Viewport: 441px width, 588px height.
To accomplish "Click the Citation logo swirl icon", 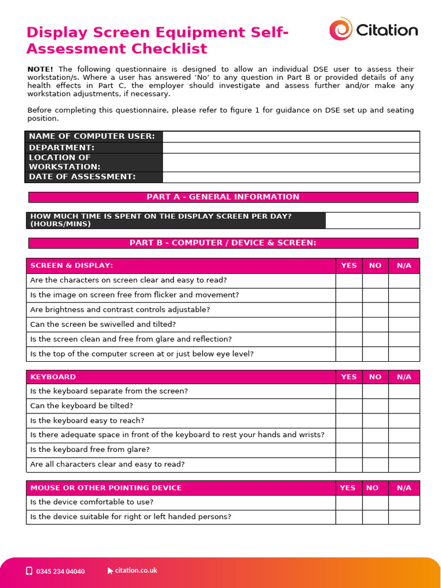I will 341,29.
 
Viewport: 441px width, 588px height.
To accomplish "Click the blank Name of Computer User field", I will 291,136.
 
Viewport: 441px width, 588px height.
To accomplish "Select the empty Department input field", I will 291,148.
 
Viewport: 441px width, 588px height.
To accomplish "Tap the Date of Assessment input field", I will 291,177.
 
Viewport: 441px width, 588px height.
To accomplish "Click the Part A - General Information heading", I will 223,197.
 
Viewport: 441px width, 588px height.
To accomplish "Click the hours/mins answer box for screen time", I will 372,220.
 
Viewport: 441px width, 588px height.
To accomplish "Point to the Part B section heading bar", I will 223,243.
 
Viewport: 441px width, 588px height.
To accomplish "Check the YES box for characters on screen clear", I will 349,280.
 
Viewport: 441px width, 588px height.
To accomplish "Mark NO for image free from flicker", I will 375,295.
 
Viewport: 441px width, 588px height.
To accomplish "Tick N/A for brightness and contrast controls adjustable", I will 404,310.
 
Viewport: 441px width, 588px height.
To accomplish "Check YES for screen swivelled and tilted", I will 349,324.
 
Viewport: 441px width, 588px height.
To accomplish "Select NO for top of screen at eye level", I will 375,354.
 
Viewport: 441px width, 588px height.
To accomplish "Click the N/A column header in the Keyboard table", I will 404,377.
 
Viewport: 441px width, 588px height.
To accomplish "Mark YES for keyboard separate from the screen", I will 349,391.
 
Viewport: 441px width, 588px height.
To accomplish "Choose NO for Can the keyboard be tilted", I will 375,406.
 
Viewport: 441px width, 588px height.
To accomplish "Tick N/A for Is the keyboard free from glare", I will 404,450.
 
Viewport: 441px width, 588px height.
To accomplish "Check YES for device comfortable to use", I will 349,502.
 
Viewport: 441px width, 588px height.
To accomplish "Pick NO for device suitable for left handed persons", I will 375,517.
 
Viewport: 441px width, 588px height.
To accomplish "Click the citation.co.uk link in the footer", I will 136,571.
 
